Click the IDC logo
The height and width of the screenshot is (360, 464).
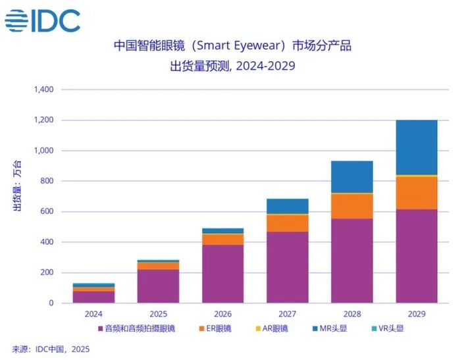coord(43,21)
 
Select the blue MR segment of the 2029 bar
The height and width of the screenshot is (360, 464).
coord(416,147)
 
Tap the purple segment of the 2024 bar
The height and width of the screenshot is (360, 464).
coord(94,297)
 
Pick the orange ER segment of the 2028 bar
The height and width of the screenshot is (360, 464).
coord(351,206)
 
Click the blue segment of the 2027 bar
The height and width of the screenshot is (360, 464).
coord(287,206)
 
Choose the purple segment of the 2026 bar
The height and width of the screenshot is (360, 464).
coord(222,274)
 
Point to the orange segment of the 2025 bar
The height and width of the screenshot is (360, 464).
coord(159,266)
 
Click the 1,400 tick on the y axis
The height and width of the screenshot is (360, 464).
coord(43,90)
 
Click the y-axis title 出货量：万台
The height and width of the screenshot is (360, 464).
coord(18,186)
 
